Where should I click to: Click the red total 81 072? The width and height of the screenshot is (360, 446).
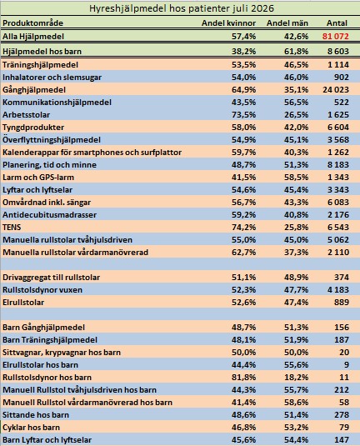coord(336,37)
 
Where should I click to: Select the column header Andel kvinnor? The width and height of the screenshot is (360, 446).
coord(228,23)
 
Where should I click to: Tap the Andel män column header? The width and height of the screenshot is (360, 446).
coord(287,23)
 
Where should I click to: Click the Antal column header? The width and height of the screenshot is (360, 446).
coord(337,23)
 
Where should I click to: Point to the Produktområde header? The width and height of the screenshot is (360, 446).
coord(33,23)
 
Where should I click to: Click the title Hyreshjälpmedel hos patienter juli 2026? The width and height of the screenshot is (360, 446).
coord(182,8)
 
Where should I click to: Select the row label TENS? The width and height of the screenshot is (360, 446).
coord(12,228)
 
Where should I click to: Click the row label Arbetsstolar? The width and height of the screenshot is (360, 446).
coord(26,115)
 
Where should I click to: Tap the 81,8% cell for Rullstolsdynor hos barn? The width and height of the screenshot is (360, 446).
coord(243,378)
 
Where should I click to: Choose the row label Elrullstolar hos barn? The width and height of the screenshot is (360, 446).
coord(40,365)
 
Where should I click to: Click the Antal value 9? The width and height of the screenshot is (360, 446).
coord(346,365)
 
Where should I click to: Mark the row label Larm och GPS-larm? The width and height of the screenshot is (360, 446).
coord(38,178)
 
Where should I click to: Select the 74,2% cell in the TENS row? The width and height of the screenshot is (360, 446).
coord(243,228)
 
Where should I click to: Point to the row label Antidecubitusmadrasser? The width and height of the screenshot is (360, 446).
coord(49,215)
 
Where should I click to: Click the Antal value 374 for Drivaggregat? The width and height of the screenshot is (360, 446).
coord(342,278)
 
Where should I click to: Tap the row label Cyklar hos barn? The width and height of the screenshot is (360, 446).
coord(32,428)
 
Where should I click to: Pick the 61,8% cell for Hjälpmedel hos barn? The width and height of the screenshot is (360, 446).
coord(297,52)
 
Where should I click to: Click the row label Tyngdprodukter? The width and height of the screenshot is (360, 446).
coord(33,128)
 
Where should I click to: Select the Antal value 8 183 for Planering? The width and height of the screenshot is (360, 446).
coord(338,165)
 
